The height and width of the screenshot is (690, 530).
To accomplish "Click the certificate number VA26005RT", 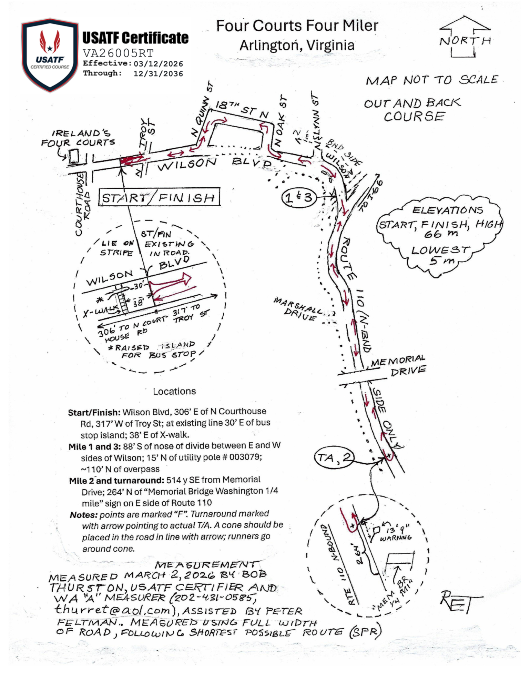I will point(118,53).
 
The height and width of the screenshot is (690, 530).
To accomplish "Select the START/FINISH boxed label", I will point(159,197).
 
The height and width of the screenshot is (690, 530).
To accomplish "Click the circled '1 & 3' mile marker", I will point(299,198).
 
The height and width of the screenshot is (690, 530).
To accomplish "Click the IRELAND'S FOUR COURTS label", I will point(79,138).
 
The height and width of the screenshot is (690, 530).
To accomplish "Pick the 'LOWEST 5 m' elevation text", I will point(440,255).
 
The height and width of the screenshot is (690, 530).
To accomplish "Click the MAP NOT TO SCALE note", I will point(431,80).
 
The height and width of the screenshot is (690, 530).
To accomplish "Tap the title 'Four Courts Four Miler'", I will point(297,26).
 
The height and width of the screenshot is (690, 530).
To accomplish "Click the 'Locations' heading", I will point(174,391).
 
